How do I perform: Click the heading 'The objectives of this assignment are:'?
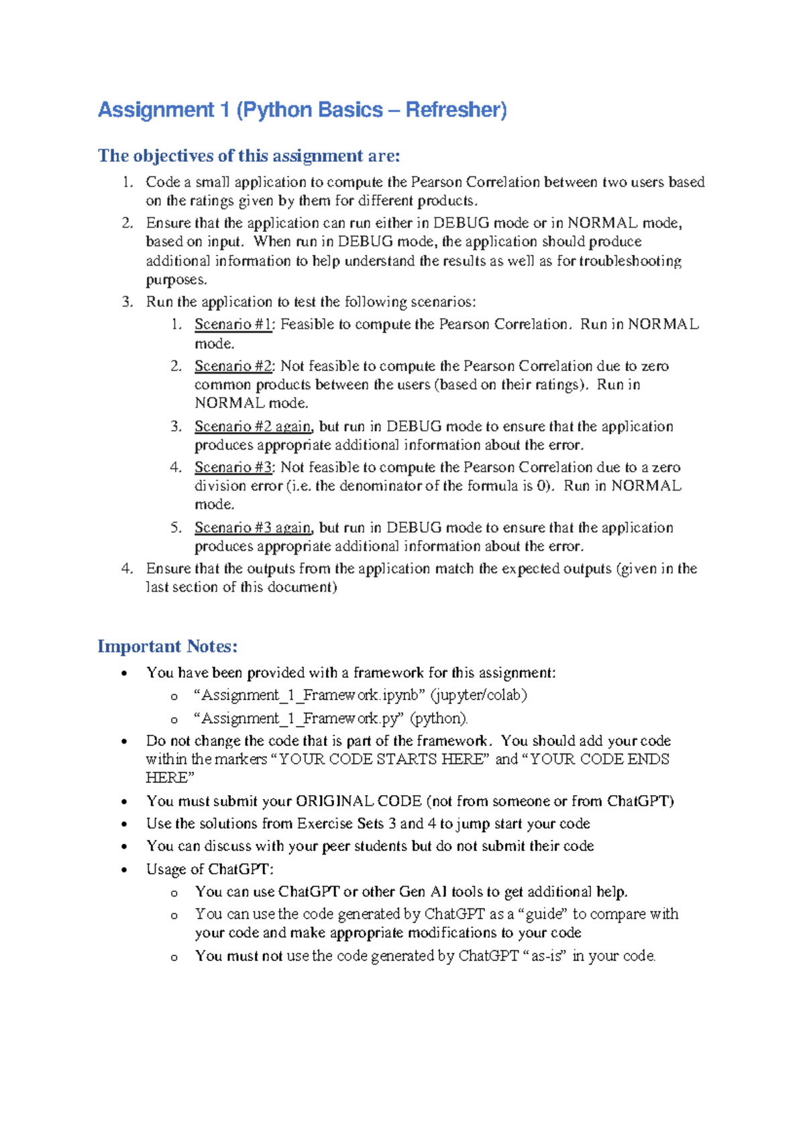pos(248,156)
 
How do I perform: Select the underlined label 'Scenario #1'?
pos(233,325)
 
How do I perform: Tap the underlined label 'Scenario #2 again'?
pos(253,427)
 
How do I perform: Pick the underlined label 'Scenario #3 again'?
pos(253,528)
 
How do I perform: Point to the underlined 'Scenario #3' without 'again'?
pos(233,468)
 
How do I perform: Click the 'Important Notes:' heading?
pos(168,646)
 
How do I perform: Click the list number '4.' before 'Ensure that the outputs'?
pos(127,569)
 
